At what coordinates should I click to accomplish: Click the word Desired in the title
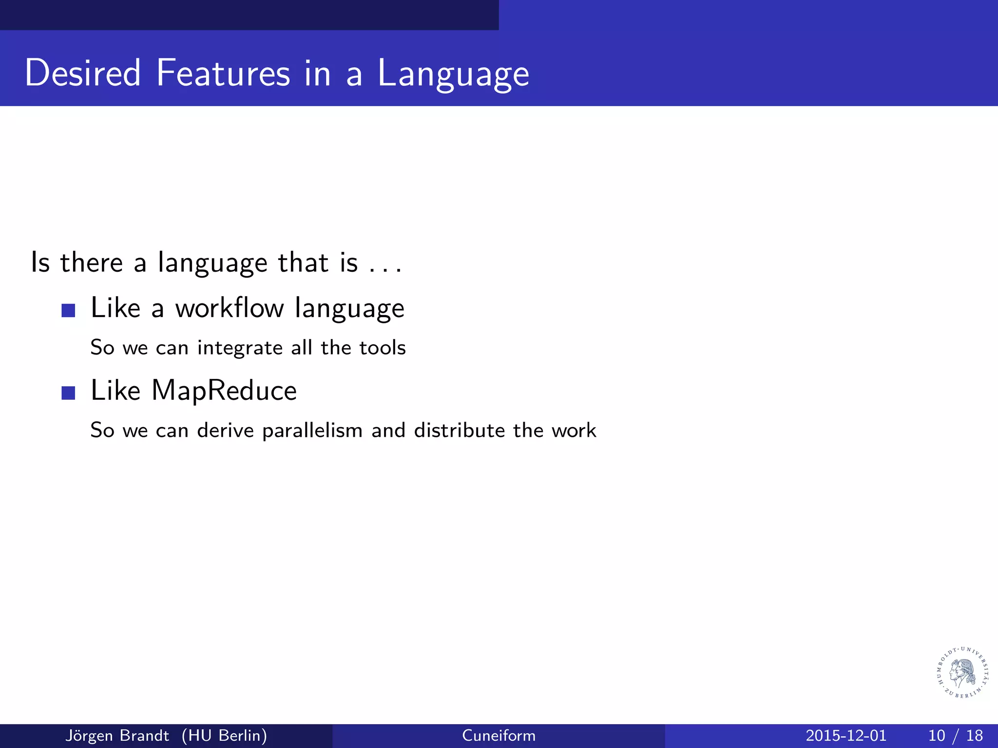click(x=83, y=73)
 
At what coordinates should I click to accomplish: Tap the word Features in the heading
click(x=223, y=73)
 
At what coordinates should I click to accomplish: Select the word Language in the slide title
click(x=453, y=75)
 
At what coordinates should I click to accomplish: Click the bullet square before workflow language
click(x=68, y=310)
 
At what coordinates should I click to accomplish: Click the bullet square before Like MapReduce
click(x=68, y=393)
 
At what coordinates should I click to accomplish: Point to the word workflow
click(x=230, y=308)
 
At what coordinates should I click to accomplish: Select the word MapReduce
click(x=224, y=391)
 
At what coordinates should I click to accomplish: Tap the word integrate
click(x=240, y=348)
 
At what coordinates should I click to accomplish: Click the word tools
click(x=382, y=348)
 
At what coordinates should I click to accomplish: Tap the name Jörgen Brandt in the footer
click(x=117, y=735)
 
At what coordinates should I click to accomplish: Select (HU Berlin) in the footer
click(x=224, y=735)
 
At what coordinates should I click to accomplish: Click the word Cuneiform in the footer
click(x=499, y=735)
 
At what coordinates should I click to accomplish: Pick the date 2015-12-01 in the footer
click(x=846, y=735)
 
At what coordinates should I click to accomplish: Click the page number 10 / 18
click(x=955, y=735)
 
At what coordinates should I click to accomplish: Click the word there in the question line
click(x=92, y=263)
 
